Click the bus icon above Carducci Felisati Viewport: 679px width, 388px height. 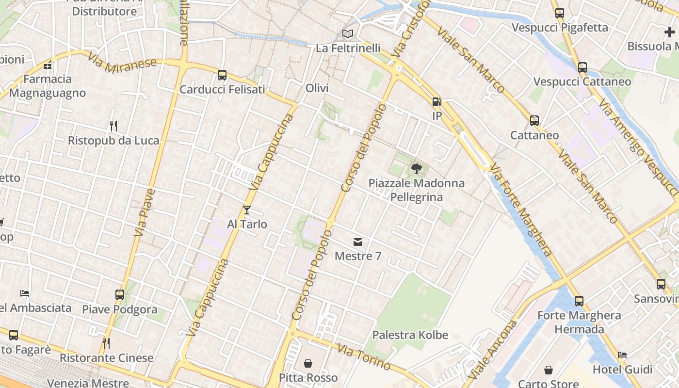222,75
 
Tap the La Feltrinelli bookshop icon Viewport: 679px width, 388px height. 347,33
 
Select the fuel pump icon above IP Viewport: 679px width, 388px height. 437,102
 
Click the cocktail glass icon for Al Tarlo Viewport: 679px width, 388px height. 247,210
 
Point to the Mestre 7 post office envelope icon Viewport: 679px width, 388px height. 358,242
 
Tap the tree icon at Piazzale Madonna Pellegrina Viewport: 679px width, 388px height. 416,169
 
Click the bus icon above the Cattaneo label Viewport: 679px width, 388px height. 534,120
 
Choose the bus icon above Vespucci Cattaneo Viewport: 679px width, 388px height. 582,67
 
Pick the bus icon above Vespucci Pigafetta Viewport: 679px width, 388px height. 560,13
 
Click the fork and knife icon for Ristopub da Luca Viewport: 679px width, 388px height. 113,126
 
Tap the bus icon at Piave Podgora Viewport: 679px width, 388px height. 120,294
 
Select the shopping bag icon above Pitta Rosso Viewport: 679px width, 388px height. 308,363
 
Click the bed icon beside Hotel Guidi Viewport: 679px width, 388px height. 623,355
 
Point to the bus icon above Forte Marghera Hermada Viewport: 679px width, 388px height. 579,301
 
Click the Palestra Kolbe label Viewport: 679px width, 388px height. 410,335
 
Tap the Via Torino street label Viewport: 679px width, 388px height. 364,356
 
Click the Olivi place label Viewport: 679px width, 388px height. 317,88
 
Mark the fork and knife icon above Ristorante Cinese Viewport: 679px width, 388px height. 106,343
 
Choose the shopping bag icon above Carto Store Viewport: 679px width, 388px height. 548,370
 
